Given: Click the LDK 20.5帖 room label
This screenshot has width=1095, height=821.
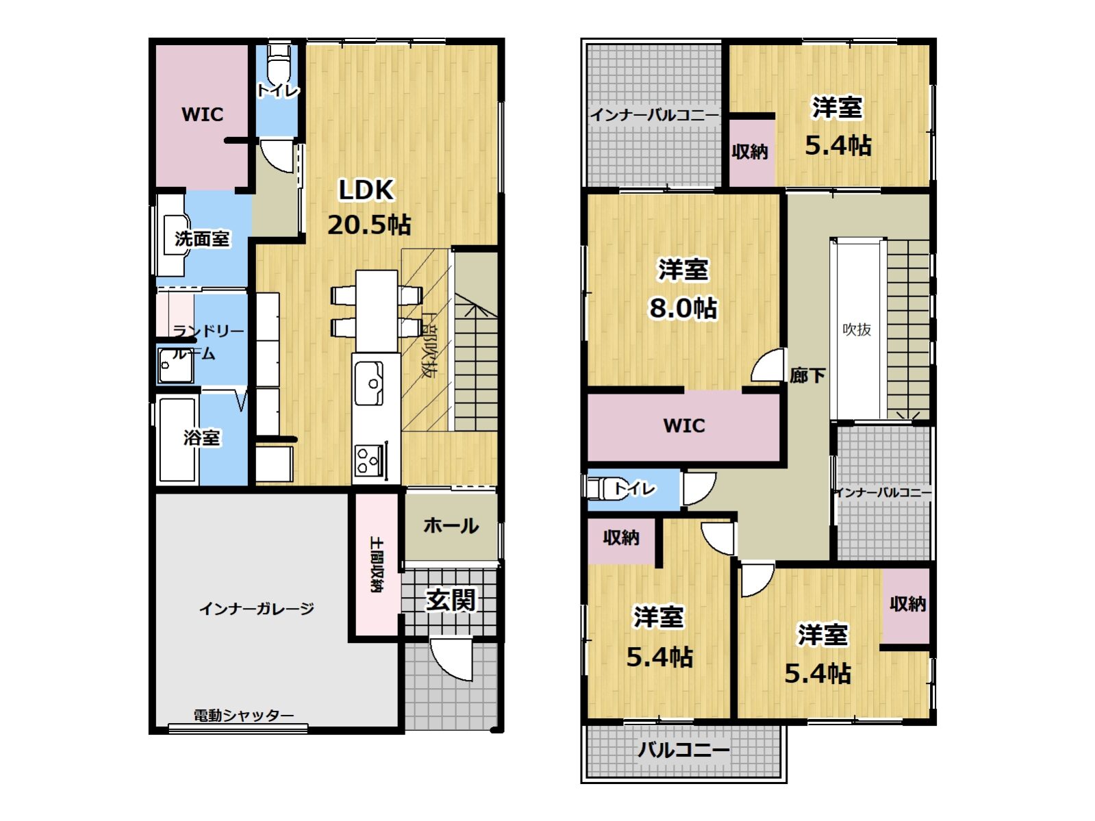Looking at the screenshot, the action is click(368, 207).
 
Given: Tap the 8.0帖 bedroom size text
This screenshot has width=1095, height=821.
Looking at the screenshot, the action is click(683, 307).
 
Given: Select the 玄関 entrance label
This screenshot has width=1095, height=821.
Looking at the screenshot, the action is click(451, 599).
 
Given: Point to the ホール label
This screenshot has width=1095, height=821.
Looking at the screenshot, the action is click(451, 526).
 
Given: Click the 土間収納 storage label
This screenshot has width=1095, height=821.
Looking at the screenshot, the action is click(377, 564).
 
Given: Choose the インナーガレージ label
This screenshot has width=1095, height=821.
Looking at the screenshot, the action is click(256, 609).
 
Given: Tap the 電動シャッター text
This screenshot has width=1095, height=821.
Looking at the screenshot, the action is click(243, 716).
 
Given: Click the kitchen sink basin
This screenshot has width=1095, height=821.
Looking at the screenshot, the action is click(368, 383).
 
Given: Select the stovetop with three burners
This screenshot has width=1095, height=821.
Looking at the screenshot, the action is click(369, 460).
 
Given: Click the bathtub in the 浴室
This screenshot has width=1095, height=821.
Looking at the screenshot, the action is click(177, 440).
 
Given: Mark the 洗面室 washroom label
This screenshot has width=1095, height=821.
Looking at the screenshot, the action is click(202, 239).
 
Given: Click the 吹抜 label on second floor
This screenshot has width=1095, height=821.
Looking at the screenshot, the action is click(857, 329).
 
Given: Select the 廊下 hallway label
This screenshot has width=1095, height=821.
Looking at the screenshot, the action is click(807, 375).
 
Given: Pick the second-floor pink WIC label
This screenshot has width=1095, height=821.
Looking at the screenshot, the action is click(684, 425).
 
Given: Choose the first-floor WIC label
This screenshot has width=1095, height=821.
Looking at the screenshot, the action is click(202, 114).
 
